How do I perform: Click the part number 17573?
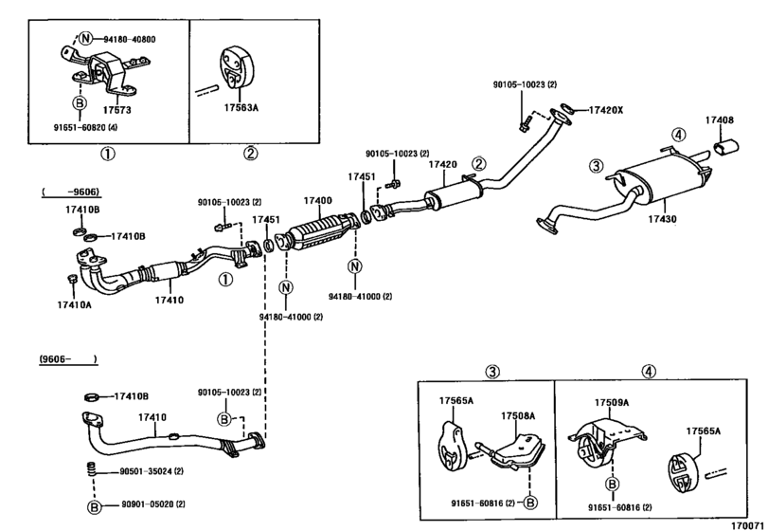[116, 110]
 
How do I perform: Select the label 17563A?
[241, 107]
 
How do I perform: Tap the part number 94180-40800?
[130, 39]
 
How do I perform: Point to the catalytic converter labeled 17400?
[321, 229]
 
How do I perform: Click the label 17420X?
[605, 110]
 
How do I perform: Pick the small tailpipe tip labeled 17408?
[727, 147]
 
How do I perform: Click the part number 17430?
[662, 220]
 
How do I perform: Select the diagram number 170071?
[747, 525]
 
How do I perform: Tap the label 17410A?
[74, 305]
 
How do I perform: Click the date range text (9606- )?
[68, 359]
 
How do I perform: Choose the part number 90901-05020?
[148, 504]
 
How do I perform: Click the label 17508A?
[518, 416]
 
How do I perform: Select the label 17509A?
[612, 403]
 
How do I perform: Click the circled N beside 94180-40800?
[86, 38]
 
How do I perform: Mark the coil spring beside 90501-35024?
[89, 469]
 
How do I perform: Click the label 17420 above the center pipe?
[443, 165]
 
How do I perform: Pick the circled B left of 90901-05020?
[94, 507]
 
